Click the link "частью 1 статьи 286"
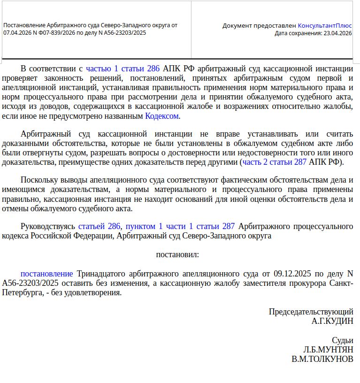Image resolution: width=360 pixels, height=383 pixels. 123,68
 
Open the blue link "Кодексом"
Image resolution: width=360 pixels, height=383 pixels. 162,116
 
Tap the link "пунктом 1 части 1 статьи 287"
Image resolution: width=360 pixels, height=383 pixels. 180,226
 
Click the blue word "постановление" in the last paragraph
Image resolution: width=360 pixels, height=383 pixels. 46,274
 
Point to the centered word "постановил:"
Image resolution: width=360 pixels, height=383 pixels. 177,254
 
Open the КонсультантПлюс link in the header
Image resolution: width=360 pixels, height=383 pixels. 325,25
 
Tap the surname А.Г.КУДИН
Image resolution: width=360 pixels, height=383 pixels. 332,321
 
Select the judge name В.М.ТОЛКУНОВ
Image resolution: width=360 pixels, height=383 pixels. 322,359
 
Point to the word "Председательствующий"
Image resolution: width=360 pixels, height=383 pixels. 311,312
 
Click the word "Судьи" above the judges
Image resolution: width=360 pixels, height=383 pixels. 342,340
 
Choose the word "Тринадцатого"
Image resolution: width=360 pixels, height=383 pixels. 102,274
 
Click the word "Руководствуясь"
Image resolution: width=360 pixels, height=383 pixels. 48,226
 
